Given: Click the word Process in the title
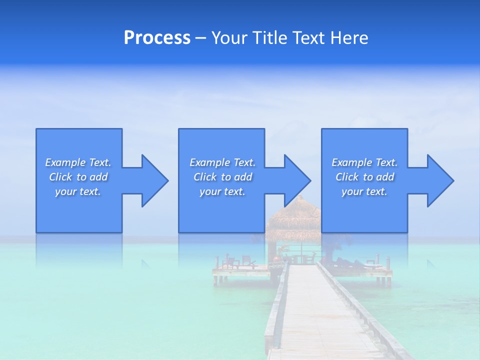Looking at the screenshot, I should (157, 38).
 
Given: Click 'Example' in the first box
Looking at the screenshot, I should (65, 162).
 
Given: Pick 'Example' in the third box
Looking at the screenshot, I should (351, 162).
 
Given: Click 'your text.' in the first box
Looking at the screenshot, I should (78, 191).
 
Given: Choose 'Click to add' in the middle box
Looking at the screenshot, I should (222, 177).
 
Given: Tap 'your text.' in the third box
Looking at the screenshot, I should (364, 191).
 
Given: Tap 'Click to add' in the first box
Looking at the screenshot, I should (78, 177).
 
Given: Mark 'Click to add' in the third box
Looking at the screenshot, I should (364, 177).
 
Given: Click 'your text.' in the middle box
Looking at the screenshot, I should (222, 191).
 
